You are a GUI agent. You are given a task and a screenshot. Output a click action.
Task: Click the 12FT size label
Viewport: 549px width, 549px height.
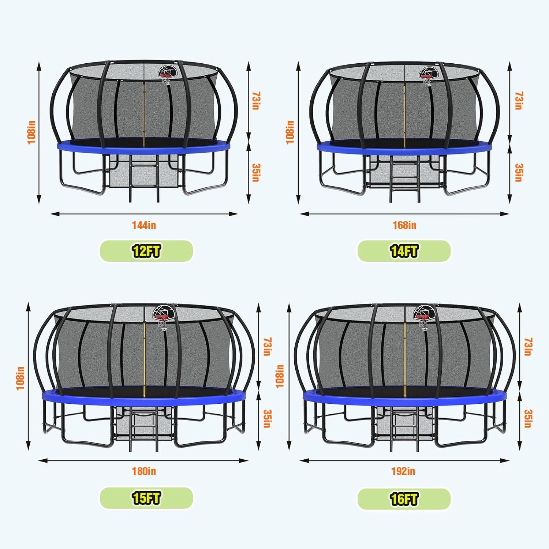pyautogui.click(x=146, y=251)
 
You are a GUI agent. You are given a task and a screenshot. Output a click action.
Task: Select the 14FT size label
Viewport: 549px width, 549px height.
pyautogui.click(x=404, y=251)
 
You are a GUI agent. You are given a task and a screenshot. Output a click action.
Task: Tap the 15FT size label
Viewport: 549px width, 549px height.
pyautogui.click(x=146, y=498)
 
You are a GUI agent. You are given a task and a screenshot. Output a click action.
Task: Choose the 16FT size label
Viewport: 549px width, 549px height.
pyautogui.click(x=404, y=498)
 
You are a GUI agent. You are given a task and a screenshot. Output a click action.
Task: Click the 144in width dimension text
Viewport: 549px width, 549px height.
pyautogui.click(x=144, y=225)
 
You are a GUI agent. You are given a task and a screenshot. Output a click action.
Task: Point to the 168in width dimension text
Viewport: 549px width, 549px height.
pyautogui.click(x=404, y=225)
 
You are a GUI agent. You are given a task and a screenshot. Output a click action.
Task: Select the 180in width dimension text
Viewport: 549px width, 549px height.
pyautogui.click(x=144, y=471)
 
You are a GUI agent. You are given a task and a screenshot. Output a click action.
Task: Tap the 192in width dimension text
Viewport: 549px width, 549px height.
pyautogui.click(x=403, y=471)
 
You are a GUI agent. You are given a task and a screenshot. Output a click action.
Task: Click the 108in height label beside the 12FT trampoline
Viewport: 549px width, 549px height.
pyautogui.click(x=32, y=132)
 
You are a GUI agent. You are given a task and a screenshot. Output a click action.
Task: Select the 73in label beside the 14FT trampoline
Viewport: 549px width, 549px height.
pyautogui.click(x=519, y=100)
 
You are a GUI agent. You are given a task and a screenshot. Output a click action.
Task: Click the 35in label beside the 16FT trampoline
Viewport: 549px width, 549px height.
pyautogui.click(x=527, y=419)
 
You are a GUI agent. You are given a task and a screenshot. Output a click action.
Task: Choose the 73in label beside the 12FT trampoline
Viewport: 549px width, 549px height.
pyautogui.click(x=255, y=100)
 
